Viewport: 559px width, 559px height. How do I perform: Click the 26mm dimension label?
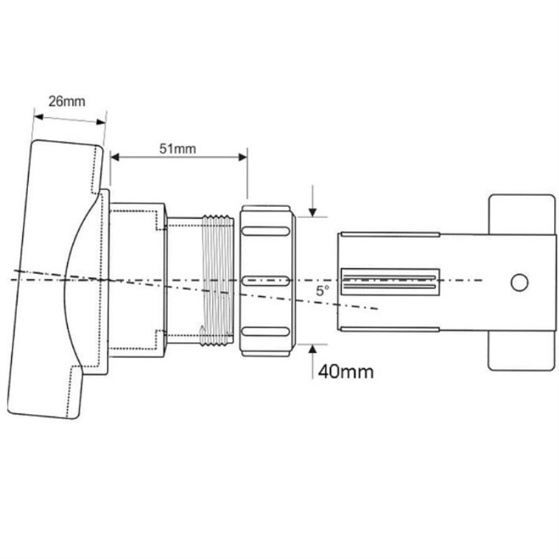(66, 101)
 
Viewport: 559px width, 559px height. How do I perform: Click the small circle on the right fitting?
(519, 282)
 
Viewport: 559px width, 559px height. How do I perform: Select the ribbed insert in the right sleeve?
(390, 281)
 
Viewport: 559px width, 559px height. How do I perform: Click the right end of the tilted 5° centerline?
(376, 309)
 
